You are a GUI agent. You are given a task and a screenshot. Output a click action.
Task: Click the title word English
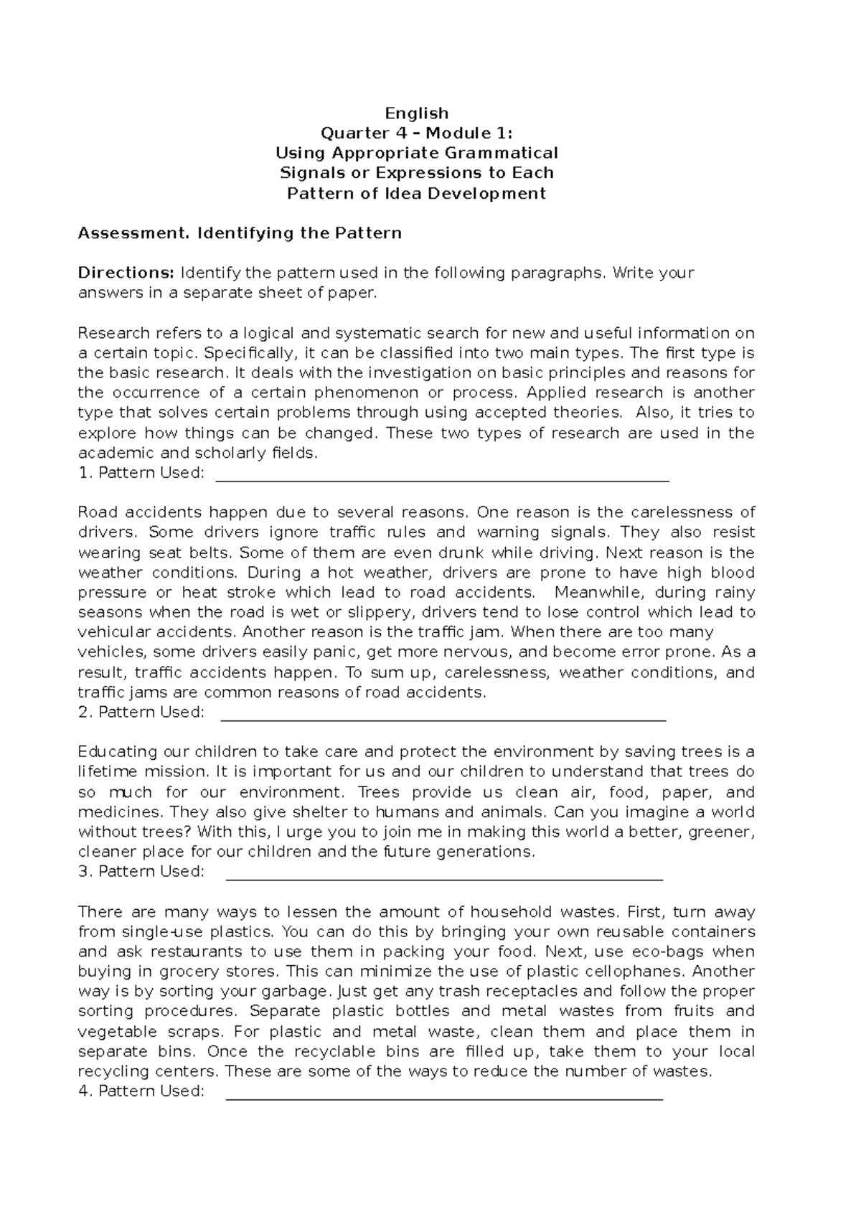[416, 113]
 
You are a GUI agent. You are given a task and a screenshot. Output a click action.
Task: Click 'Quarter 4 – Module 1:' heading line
[416, 133]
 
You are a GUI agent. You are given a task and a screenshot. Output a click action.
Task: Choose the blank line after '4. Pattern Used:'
[444, 1098]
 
